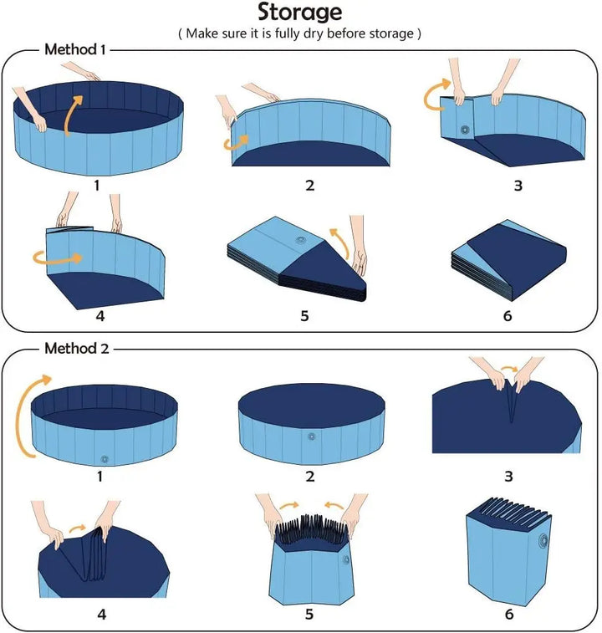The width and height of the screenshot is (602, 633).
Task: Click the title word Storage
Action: coord(300,13)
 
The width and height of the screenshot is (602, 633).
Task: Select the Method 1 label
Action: coord(74,50)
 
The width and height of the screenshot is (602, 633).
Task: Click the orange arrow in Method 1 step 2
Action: coord(237,140)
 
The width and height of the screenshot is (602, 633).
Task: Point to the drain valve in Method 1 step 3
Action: coord(464,131)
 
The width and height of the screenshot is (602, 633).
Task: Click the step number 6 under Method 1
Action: coord(508,316)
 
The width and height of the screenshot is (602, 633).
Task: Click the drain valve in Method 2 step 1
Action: coord(105,458)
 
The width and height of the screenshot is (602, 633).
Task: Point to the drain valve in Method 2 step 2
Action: coord(311,437)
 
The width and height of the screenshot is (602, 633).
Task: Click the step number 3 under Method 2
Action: coord(508,476)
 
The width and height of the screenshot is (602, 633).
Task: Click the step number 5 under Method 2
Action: coord(309,614)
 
